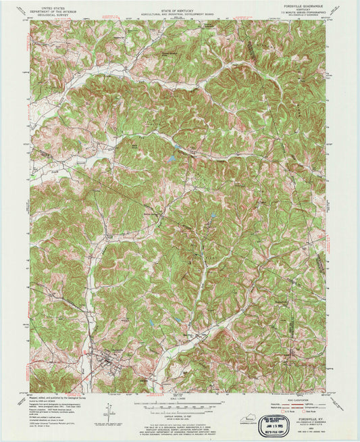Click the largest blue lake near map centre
(172, 158)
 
